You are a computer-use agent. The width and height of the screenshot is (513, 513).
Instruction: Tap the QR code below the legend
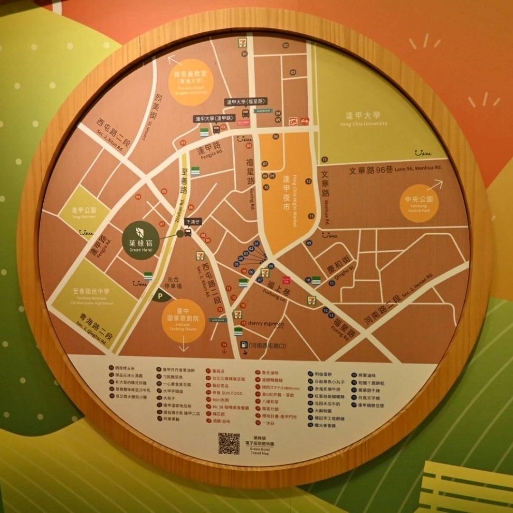point(229,443)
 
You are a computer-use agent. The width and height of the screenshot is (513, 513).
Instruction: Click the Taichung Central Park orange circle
point(417,203)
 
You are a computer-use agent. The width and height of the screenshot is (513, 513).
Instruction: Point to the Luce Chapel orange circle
point(190,82)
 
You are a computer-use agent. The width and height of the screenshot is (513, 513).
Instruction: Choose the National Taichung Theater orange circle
point(183,321)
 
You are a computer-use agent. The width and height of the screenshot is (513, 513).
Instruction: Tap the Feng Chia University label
point(363,119)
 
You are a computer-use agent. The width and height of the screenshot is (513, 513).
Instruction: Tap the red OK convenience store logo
point(294,121)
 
